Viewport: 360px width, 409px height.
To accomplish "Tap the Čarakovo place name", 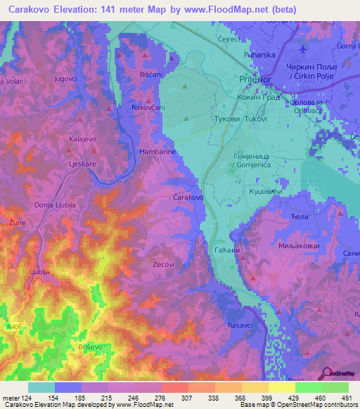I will [188, 198].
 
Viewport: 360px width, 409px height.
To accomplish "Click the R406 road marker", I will [10, 307].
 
